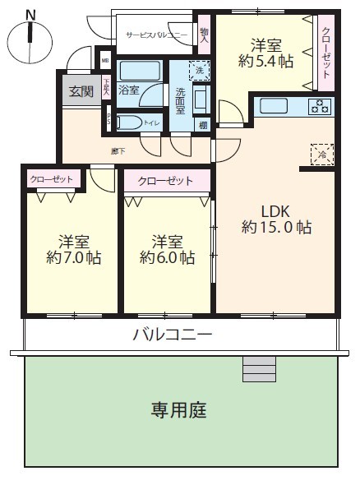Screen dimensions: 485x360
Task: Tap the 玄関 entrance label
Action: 81,90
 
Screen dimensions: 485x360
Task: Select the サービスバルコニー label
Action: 157,35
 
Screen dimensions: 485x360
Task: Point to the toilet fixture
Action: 132,123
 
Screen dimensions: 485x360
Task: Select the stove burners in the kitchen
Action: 319,106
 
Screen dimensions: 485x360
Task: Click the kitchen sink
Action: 272,105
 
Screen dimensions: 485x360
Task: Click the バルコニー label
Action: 173,335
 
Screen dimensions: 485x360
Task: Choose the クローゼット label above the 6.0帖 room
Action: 165,181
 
